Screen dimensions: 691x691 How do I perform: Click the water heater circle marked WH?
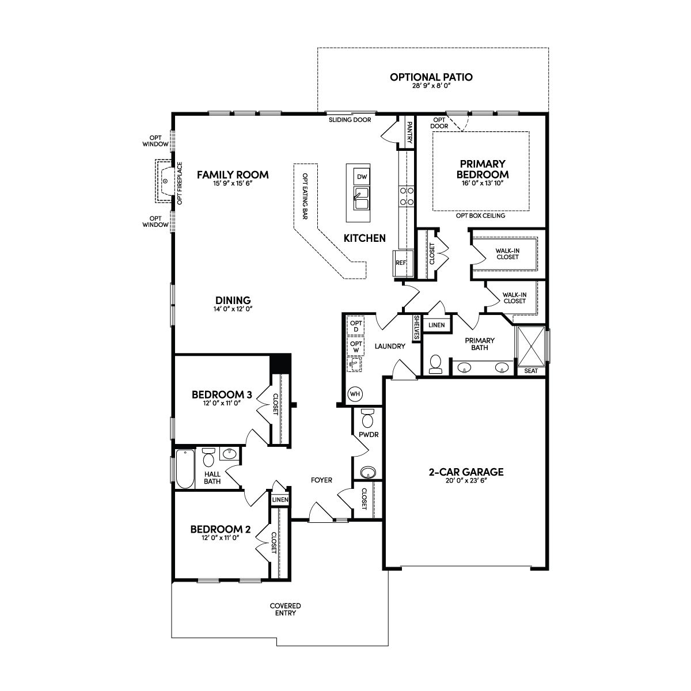point(355,394)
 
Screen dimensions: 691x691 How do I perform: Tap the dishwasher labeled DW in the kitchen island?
point(362,176)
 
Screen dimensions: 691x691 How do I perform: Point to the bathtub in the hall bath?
point(185,468)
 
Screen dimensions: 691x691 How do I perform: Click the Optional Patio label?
point(431,77)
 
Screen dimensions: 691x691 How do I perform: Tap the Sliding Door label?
point(350,120)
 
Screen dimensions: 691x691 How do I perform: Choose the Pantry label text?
point(409,132)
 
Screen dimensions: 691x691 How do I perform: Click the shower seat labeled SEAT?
point(531,371)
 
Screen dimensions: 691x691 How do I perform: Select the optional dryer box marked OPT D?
point(356,326)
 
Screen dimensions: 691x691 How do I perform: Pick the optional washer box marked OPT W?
point(356,347)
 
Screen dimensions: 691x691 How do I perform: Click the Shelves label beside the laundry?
point(417,328)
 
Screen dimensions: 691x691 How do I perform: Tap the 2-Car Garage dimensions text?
point(466,481)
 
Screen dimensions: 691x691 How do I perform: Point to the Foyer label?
point(321,480)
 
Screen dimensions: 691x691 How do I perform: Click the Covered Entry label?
point(286,609)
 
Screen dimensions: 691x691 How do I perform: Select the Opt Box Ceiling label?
point(480,215)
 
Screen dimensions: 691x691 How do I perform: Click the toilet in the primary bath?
point(436,364)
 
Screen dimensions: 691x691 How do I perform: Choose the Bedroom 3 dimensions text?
point(221,403)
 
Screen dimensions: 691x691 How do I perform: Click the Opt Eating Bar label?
point(305,196)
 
